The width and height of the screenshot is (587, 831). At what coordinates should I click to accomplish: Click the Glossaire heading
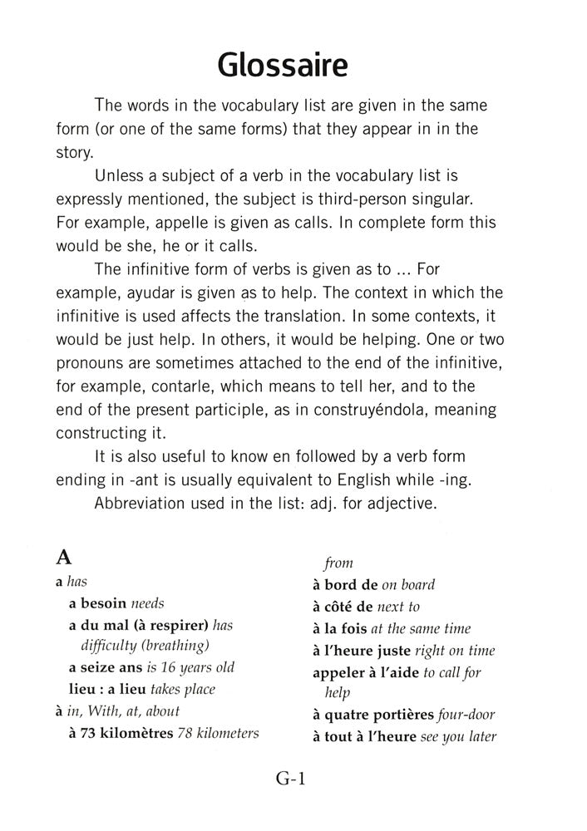coord(282,64)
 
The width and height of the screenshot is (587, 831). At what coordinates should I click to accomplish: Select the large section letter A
coord(63,558)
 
